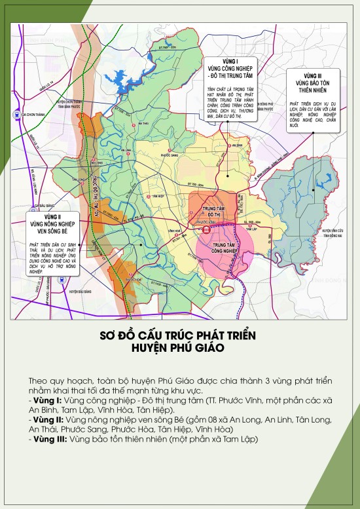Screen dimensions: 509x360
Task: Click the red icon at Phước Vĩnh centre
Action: click(x=207, y=231)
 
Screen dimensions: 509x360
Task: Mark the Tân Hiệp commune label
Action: click(x=157, y=196)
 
